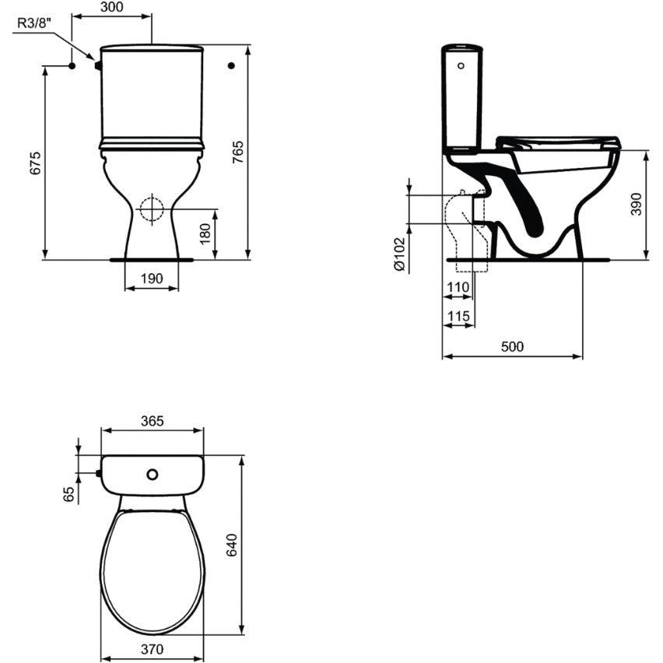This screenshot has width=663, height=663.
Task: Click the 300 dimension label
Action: click(112, 7)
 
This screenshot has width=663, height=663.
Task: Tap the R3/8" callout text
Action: click(33, 23)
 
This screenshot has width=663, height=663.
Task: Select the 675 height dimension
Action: click(36, 163)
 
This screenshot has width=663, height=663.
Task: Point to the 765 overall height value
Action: click(238, 153)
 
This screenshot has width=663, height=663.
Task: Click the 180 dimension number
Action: click(205, 233)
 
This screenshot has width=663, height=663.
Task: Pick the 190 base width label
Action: click(152, 279)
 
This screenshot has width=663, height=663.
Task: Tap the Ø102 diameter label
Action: click(399, 254)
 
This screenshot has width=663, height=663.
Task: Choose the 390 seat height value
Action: click(637, 204)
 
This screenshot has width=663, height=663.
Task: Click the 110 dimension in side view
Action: click(458, 287)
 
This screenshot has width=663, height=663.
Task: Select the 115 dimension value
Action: click(458, 316)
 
